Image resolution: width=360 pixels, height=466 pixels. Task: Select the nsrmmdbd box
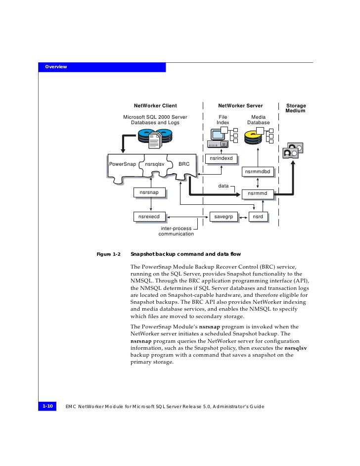point(258,172)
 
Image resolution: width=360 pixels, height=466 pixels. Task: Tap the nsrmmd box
point(257,193)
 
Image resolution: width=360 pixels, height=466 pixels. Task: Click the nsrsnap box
point(149,192)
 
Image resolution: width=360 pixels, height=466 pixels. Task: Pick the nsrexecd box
point(149,217)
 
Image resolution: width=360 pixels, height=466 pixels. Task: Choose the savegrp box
point(223,217)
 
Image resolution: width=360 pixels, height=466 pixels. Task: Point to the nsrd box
point(258,217)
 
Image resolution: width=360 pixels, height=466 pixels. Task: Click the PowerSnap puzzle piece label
point(122,164)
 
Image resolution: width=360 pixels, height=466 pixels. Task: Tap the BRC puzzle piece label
point(183,164)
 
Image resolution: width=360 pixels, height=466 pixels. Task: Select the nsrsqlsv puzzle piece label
point(154,164)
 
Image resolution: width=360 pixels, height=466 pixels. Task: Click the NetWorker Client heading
point(155,106)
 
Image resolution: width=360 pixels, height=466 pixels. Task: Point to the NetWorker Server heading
point(240,106)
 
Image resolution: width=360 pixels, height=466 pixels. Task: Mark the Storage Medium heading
point(296,108)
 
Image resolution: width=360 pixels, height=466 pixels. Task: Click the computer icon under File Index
point(219,138)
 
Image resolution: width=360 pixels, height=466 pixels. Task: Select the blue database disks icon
point(155,137)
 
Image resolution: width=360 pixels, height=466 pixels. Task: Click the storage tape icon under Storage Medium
point(292,150)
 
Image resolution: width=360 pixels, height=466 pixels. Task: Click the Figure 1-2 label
point(108,254)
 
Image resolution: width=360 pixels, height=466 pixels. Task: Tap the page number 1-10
point(47,406)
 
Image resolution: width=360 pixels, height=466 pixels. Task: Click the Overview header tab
point(56,67)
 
